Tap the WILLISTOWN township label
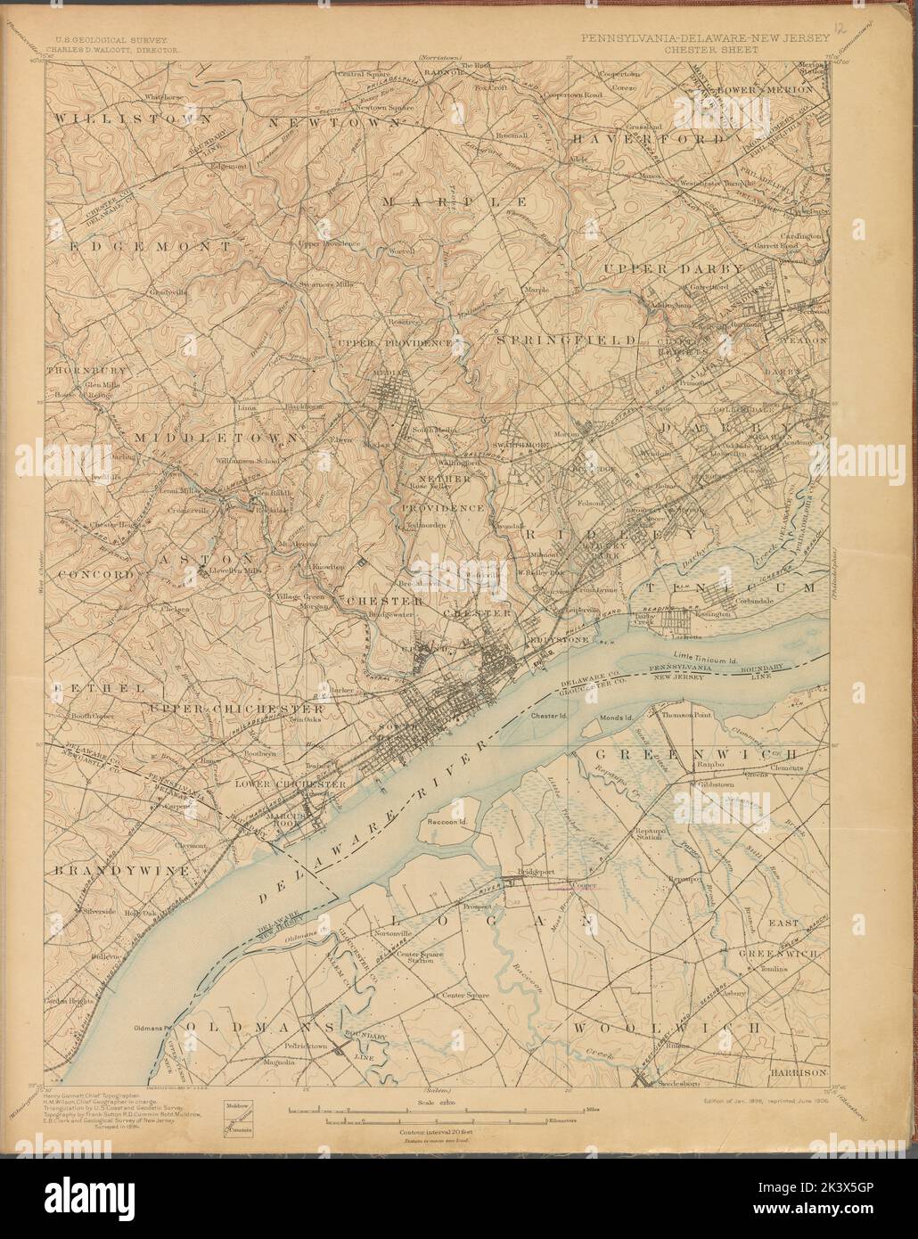133,118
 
